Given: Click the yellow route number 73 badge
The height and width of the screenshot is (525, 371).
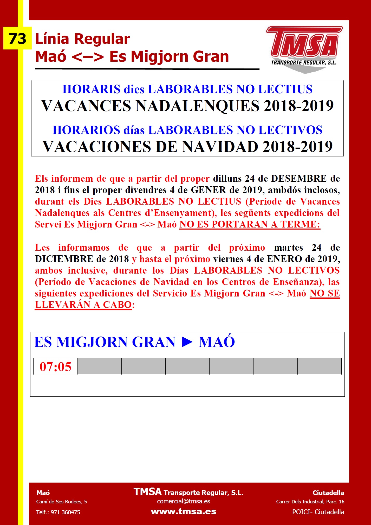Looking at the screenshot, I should (x=17, y=39).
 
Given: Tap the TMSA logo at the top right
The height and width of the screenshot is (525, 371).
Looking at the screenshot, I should (x=304, y=48).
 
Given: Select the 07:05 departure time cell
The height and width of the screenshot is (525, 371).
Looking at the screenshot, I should (x=55, y=366).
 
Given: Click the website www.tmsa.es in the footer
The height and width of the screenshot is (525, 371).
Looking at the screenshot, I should (x=184, y=511).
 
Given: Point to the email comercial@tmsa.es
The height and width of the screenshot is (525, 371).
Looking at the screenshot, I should (x=184, y=501).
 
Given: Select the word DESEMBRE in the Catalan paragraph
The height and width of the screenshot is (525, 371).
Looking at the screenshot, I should (x=299, y=179).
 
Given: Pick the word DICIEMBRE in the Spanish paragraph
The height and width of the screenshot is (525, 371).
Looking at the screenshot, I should (x=64, y=259).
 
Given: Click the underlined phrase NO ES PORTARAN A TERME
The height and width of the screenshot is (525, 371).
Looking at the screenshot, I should (x=250, y=224).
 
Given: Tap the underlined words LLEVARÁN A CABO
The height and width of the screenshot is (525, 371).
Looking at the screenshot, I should (x=83, y=305).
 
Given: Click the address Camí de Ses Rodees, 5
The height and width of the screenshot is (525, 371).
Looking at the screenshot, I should (x=62, y=502).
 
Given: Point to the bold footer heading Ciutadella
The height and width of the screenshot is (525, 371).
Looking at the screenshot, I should (x=328, y=493).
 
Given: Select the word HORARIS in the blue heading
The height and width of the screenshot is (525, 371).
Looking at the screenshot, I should (x=92, y=89).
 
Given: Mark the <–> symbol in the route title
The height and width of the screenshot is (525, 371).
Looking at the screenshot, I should (x=88, y=57).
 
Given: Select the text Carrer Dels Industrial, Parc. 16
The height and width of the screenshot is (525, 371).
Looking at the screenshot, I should (x=310, y=502).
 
